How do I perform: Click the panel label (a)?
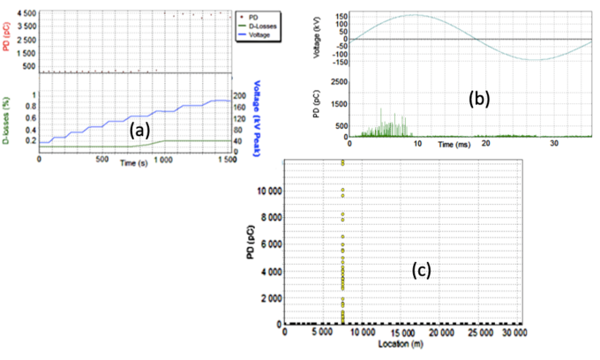tap(139, 131)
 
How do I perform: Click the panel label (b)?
tap(478, 99)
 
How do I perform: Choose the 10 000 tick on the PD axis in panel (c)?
tap(264, 190)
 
